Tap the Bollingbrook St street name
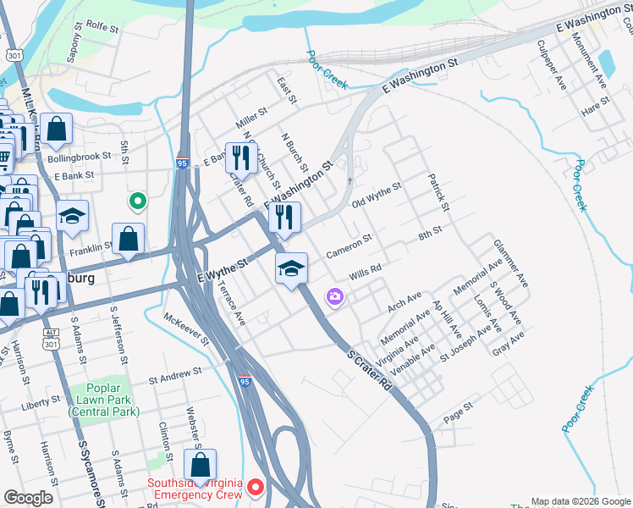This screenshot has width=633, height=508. click(80, 157)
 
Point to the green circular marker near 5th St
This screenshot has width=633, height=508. click(135, 202)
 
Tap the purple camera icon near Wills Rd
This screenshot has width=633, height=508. click(335, 295)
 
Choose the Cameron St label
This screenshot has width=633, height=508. click(350, 246)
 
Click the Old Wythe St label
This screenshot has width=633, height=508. click(376, 201)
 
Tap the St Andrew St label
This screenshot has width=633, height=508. click(175, 372)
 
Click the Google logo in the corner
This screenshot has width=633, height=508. click(29, 498)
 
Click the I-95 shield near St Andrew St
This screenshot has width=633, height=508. click(244, 384)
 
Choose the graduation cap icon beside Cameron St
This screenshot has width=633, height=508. click(290, 268)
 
